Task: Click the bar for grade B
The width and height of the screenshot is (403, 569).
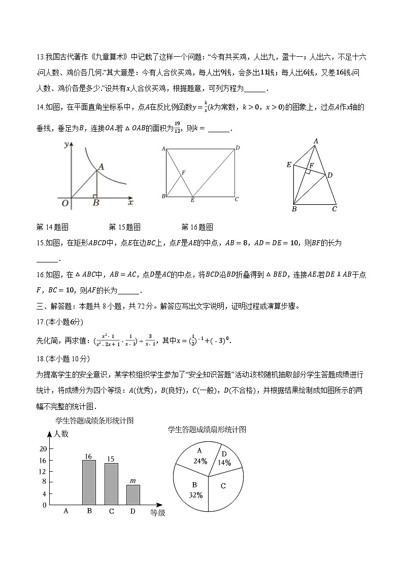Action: pos(89,482)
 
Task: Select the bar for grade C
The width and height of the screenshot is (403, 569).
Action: pos(111,484)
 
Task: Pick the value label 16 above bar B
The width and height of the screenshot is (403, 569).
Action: pos(89,456)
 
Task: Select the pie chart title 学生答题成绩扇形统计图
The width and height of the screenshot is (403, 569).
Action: pos(207,429)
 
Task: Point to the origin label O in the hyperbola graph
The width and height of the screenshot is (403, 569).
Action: pos(65,203)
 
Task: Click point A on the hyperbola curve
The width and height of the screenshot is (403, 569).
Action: pos(101,167)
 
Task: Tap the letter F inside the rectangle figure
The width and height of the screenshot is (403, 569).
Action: pos(183,173)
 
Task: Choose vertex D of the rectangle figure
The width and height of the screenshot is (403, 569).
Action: pos(237,148)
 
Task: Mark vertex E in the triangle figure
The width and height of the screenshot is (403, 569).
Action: pos(289,165)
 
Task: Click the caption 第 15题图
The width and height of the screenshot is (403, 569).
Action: pos(124,226)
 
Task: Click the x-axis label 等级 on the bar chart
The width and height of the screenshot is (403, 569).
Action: pos(158,513)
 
